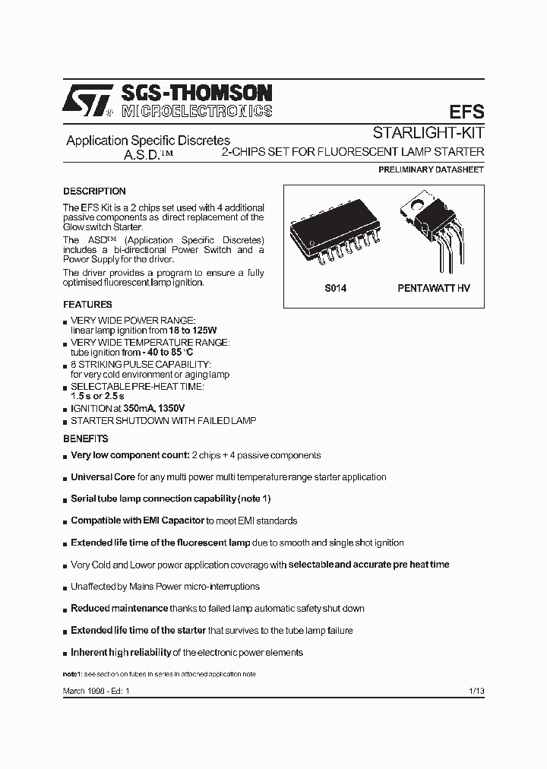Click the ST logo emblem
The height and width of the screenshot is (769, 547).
(x=88, y=101)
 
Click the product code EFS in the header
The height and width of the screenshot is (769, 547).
(x=466, y=111)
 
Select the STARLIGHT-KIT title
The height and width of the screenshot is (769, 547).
(x=428, y=132)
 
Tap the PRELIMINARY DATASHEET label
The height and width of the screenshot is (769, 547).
(x=431, y=170)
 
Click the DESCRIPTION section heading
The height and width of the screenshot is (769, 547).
(x=94, y=191)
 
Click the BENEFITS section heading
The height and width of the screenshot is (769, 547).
(x=85, y=439)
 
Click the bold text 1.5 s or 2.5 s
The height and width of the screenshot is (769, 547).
(x=97, y=397)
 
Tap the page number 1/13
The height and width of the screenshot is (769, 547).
(x=476, y=689)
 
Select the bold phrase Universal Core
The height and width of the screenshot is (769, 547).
(x=103, y=477)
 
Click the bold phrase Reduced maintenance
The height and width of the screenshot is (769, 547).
(x=119, y=609)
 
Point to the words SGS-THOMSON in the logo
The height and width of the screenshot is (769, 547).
(x=195, y=93)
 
